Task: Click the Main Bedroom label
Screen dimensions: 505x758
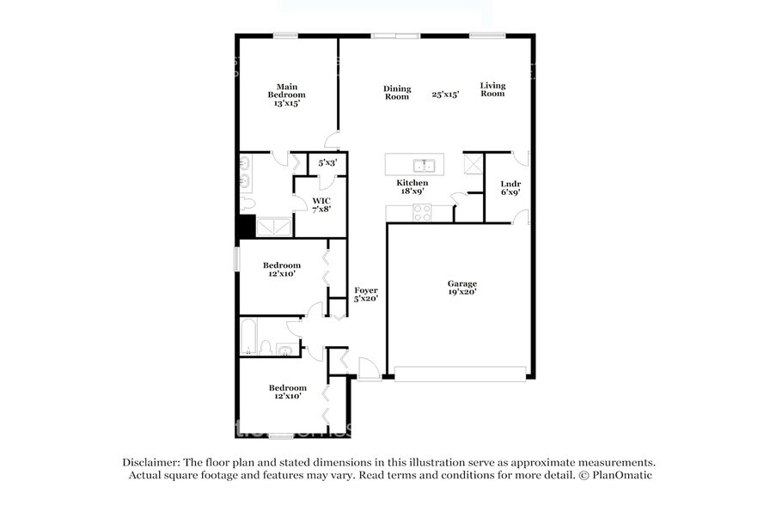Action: [286, 94]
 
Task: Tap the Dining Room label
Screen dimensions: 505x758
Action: [397, 93]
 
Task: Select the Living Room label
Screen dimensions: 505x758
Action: [492, 89]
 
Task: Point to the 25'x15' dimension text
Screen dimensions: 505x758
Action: [445, 94]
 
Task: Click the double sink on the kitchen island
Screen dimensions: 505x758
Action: [421, 165]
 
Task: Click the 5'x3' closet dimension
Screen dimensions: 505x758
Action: [327, 161]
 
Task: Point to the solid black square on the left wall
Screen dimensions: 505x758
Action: [246, 226]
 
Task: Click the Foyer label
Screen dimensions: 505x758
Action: [366, 294]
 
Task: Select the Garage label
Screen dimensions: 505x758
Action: [462, 288]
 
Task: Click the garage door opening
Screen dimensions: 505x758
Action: [460, 374]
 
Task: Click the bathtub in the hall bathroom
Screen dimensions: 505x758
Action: [248, 337]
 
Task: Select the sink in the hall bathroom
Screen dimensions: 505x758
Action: [285, 349]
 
